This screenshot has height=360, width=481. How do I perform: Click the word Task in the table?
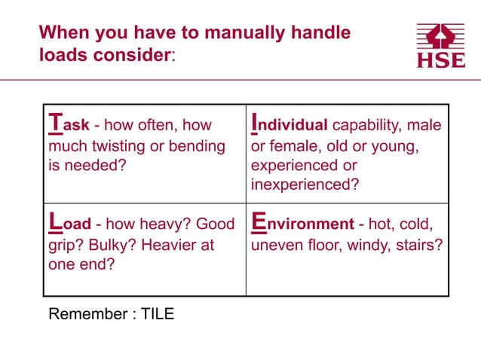(x=69, y=124)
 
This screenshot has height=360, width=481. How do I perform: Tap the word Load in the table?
(x=69, y=224)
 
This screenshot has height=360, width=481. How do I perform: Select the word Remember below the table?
(x=84, y=314)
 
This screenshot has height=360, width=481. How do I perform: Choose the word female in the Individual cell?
(x=290, y=145)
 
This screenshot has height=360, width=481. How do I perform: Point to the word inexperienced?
(x=304, y=185)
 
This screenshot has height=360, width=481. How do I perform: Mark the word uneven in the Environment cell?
(x=273, y=245)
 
